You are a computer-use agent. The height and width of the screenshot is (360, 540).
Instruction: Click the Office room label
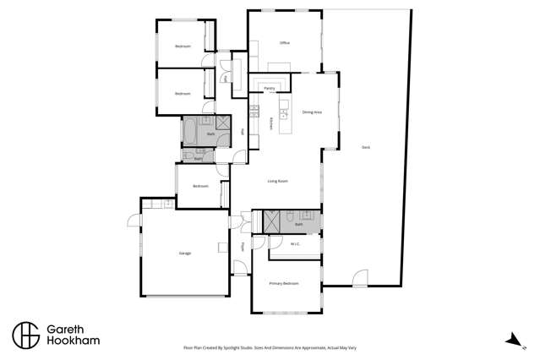[285, 42]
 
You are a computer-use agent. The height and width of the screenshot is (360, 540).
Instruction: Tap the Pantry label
[269, 87]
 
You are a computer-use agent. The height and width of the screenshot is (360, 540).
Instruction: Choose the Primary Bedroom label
[284, 283]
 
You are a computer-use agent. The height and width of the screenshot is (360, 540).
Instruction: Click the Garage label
[184, 253]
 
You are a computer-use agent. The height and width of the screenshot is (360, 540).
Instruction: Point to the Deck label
[366, 147]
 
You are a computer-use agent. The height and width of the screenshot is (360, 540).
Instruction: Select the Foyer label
[243, 247]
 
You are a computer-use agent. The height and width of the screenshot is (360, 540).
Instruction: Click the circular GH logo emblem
[25, 334]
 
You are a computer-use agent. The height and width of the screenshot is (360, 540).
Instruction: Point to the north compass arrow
[510, 341]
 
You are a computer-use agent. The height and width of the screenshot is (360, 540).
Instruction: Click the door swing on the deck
[361, 277]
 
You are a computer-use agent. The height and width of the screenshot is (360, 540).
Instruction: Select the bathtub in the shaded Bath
[189, 131]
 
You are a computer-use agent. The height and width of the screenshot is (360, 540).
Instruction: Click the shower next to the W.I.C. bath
[273, 222]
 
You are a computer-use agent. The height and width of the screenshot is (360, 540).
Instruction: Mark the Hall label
[243, 131]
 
